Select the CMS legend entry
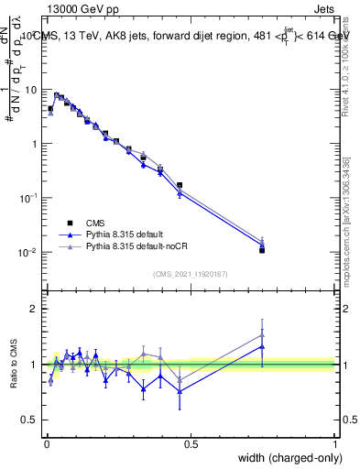[x=97, y=223]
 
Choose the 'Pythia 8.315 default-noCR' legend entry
[x=140, y=247]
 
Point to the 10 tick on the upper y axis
[x=31, y=90]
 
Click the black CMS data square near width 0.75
[x=262, y=249]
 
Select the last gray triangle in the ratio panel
[x=262, y=335]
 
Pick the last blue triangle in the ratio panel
[x=262, y=346]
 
